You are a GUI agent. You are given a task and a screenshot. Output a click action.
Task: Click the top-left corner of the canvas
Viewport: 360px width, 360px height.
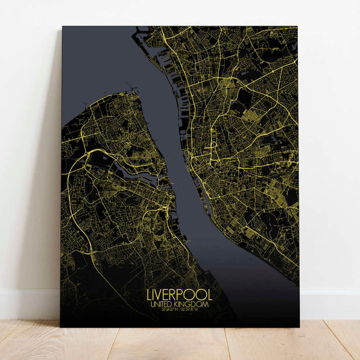click(62, 27)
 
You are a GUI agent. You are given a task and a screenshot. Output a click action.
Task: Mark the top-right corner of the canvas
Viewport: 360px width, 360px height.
click(297, 27)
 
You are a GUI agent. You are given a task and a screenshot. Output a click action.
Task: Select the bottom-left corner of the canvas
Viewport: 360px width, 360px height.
click(61, 327)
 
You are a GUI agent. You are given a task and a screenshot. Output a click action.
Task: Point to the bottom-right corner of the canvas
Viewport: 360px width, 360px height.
click(299, 327)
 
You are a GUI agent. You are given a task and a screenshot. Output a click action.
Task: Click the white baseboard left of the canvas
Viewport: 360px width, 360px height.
click(30, 304)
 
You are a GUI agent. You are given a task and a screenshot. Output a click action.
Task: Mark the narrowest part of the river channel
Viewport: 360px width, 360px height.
click(177, 182)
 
